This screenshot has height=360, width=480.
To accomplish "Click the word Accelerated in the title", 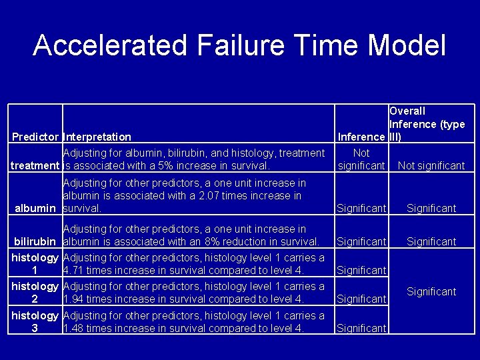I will pyautogui.click(x=111, y=45).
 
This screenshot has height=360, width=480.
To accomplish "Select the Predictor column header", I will pyautogui.click(x=35, y=137).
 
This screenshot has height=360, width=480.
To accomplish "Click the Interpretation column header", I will pyautogui.click(x=97, y=137).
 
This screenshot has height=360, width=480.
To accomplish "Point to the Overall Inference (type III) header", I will pyautogui.click(x=427, y=124).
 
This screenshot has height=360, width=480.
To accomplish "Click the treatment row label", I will pyautogui.click(x=35, y=165).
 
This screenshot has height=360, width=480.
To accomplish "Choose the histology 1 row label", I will pyautogui.click(x=35, y=264).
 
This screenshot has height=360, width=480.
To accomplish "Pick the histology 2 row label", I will pyautogui.click(x=35, y=293).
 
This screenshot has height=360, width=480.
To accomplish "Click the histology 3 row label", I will pyautogui.click(x=35, y=322).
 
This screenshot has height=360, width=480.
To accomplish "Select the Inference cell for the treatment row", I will pyautogui.click(x=361, y=159).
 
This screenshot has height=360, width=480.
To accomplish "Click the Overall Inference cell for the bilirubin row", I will pyautogui.click(x=431, y=241).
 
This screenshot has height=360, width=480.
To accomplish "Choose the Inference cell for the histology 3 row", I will pyautogui.click(x=361, y=328).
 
